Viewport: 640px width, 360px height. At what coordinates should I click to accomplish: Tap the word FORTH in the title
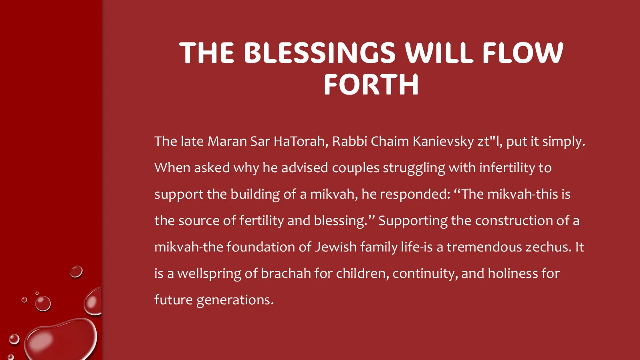coord(371,84)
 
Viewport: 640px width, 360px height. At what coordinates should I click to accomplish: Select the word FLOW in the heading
coord(523,52)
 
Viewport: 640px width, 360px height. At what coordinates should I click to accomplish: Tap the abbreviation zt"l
coord(490,142)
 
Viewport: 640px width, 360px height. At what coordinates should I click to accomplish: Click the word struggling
coord(414,168)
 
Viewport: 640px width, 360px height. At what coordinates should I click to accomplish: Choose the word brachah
coord(286,274)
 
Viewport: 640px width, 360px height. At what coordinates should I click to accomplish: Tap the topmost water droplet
coord(76,272)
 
